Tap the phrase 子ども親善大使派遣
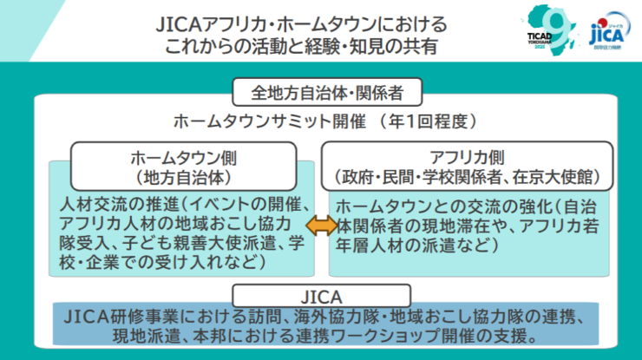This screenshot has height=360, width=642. tap(188, 242)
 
